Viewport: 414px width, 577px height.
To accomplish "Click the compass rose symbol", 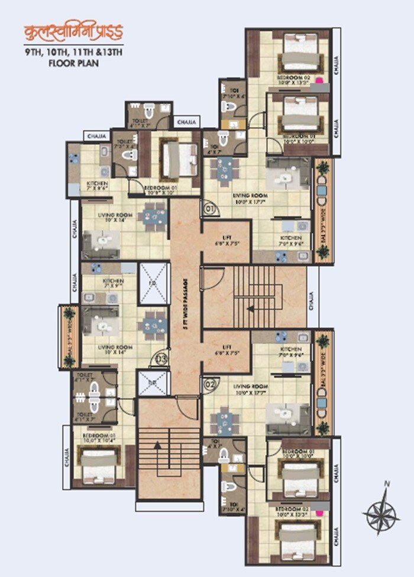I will [x=381, y=510].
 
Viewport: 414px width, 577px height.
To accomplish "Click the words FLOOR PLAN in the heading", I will [x=73, y=62].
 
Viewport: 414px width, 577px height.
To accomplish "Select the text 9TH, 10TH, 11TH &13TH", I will [x=73, y=52].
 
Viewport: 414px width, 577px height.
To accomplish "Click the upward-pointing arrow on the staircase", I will [x=159, y=448].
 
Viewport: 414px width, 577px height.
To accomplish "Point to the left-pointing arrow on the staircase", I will [x=251, y=308].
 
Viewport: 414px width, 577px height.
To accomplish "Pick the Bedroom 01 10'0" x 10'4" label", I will [x=95, y=437].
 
